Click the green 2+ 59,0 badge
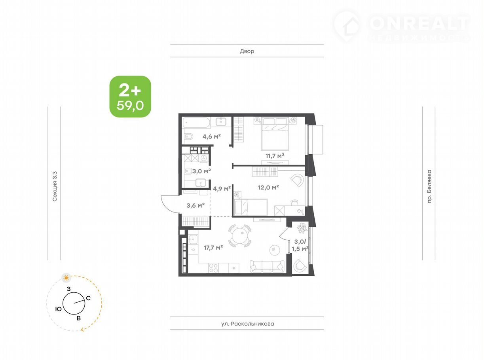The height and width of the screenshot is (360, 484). [x=130, y=97]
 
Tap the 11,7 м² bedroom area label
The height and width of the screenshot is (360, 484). [x=275, y=156]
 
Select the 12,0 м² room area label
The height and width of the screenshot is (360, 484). [x=268, y=187]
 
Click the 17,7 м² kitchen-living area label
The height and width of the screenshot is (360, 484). [x=213, y=248]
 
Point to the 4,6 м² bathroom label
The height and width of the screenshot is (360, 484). [x=212, y=136]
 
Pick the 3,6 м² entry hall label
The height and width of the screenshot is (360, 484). [x=195, y=205]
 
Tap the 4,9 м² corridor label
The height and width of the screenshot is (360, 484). [x=222, y=188]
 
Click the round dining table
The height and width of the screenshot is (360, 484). [x=239, y=236]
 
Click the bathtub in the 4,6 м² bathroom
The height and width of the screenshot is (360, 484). [x=196, y=123]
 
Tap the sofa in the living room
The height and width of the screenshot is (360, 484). [x=267, y=266]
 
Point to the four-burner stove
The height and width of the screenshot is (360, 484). [x=213, y=268]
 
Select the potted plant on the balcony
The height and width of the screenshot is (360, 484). [x=302, y=228]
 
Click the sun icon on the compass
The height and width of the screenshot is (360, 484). [x=66, y=278]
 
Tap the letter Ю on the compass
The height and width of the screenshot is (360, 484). [x=58, y=309]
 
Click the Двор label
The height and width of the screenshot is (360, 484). [x=247, y=51]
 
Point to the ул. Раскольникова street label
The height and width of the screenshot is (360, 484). [x=247, y=324]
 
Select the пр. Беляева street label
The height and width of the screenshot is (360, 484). [x=429, y=187]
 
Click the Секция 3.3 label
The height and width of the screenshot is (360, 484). [x=54, y=186]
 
